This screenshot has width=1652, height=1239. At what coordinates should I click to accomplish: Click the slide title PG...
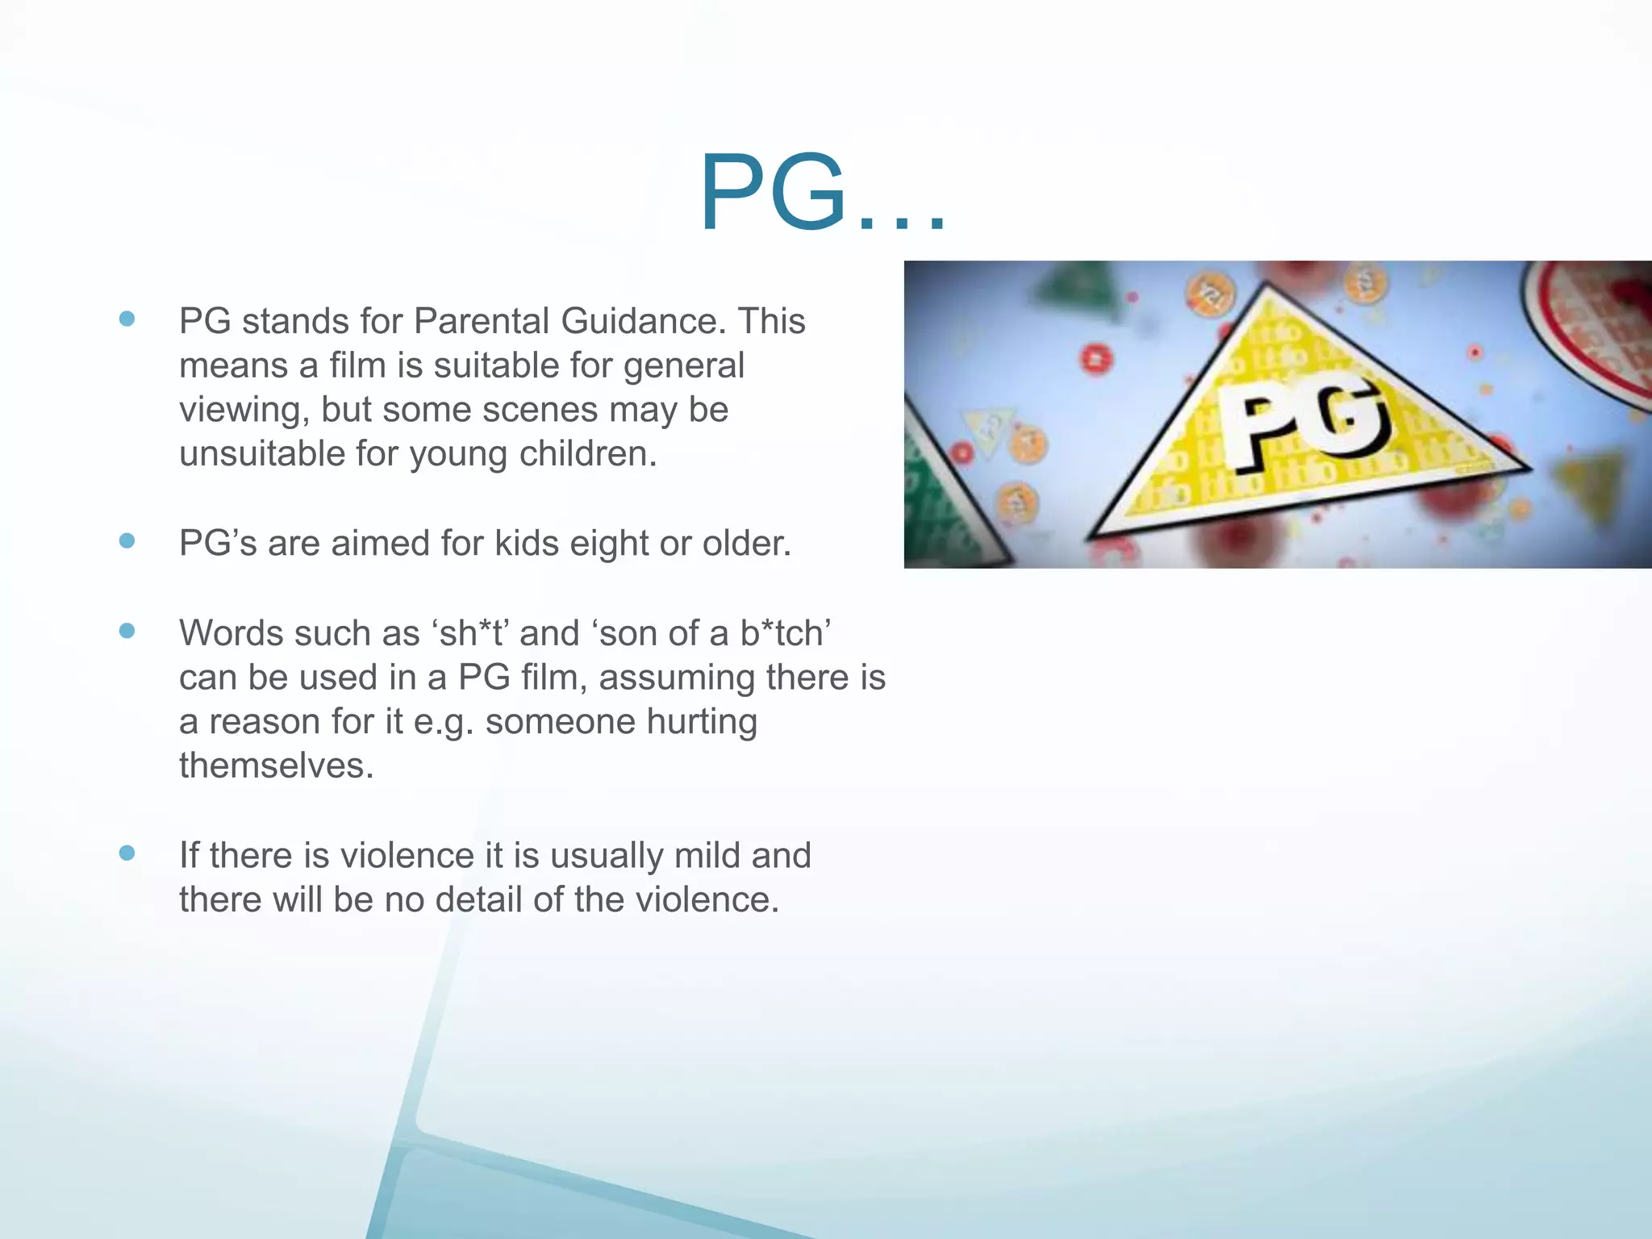coord(821,194)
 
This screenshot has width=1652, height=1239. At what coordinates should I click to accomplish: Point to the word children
coord(586,453)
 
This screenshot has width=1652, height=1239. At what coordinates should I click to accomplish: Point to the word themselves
coord(276,766)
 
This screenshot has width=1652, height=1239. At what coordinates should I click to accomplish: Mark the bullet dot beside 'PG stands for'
coord(127,319)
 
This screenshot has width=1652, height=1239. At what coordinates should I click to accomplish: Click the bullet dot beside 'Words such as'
coord(127,631)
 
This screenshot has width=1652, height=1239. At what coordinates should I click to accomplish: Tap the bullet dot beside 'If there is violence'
coord(127,853)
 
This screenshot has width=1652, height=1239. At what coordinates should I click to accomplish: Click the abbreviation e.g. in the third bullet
coord(443,722)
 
